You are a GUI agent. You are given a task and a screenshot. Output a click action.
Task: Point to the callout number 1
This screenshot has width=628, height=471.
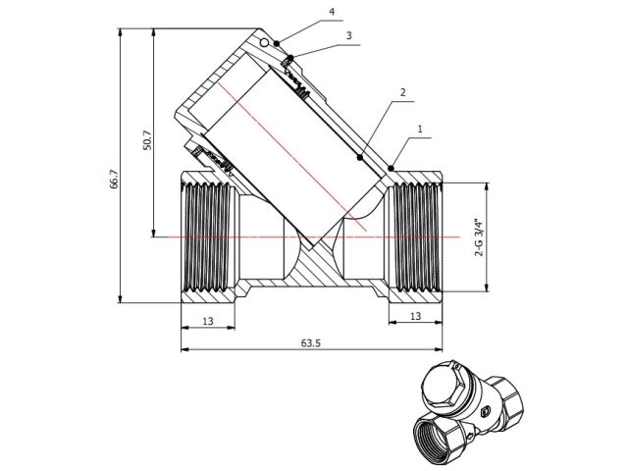click(x=420, y=128)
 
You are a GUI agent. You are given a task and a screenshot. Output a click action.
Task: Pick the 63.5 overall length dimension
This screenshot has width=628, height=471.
click(x=311, y=344)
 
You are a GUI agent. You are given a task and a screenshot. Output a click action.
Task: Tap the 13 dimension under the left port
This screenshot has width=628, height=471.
click(x=208, y=320)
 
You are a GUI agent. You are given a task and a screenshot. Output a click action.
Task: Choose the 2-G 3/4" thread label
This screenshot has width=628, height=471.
click(x=479, y=236)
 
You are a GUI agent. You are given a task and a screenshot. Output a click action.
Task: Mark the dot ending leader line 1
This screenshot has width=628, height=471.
click(x=391, y=169)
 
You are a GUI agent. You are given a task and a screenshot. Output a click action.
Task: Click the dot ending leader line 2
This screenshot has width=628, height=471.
click(x=360, y=157)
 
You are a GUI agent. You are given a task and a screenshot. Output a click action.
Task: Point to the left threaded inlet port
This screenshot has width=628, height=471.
click(x=209, y=236)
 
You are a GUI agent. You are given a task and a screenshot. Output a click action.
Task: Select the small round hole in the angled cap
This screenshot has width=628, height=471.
click(x=265, y=43)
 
